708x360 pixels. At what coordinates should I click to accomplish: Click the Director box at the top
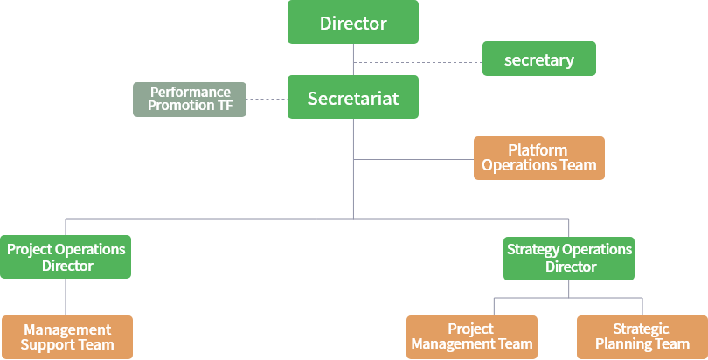[353, 23]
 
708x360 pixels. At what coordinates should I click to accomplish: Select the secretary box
[539, 59]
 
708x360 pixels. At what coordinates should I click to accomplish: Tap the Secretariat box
[353, 98]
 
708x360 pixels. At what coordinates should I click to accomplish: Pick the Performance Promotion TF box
[190, 99]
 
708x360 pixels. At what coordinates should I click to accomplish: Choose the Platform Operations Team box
[539, 158]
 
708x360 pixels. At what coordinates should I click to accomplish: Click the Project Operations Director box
[66, 257]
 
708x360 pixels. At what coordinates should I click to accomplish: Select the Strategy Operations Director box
[570, 258]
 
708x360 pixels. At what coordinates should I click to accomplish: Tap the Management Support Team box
[66, 336]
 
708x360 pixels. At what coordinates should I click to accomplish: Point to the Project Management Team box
[471, 336]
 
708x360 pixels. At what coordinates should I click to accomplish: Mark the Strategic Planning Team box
[642, 336]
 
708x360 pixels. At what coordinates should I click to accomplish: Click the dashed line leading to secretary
[418, 62]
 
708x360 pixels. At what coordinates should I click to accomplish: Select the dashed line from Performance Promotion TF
[267, 99]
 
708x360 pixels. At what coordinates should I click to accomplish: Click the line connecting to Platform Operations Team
[413, 159]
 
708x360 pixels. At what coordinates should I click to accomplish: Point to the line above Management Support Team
[66, 297]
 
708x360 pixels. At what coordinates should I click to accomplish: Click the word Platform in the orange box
[538, 150]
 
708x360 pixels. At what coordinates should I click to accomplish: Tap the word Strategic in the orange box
[642, 329]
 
